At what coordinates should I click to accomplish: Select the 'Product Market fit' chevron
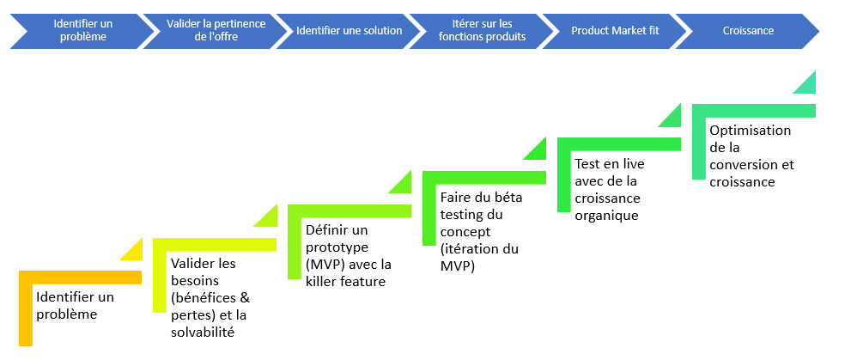pos(615,31)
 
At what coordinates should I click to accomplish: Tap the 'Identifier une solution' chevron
pos(349,31)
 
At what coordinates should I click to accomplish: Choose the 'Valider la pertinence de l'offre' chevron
pos(216,31)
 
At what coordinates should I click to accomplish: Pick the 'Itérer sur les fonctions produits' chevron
pos(482,31)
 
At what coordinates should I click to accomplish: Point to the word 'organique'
pos(606,216)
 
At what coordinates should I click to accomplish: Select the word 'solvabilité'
pos(203,333)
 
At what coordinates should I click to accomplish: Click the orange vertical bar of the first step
pos(25,308)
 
